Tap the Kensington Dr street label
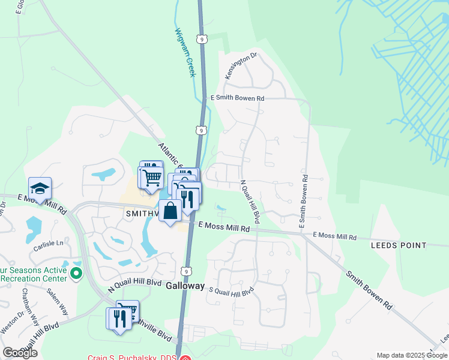(241, 65)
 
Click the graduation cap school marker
(40, 189)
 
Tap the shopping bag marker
(170, 211)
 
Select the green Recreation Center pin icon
(76, 274)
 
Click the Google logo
(20, 353)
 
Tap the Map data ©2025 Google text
(411, 355)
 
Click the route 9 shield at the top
(202, 39)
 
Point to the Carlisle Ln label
(48, 244)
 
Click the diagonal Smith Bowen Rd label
(369, 290)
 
